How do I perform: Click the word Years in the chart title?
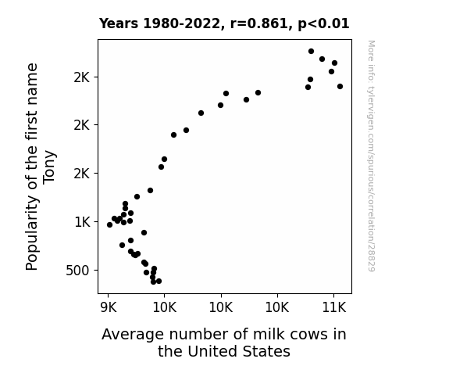[119, 23]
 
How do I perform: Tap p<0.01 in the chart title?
[323, 23]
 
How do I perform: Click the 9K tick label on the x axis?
[109, 308]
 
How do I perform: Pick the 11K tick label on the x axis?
[334, 308]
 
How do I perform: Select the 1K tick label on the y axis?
[82, 222]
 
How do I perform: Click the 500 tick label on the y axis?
[77, 271]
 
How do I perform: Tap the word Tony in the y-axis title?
[49, 167]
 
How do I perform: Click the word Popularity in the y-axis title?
[32, 233]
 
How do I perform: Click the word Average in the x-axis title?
[134, 335]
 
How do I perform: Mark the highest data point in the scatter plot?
[311, 52]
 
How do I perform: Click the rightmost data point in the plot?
[340, 86]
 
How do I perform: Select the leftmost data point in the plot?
[109, 225]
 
